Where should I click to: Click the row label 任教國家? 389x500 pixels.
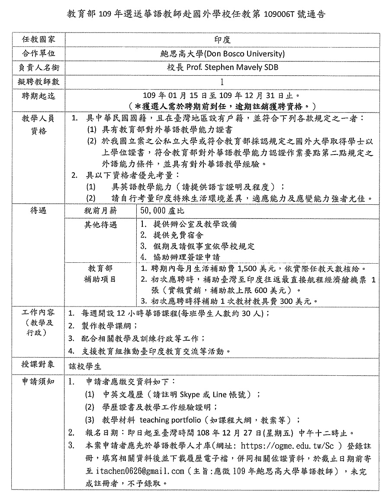click(39, 39)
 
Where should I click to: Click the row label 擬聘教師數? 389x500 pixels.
click(39, 81)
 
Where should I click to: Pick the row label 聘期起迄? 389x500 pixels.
click(39, 95)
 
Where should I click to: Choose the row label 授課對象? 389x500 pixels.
click(39, 365)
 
